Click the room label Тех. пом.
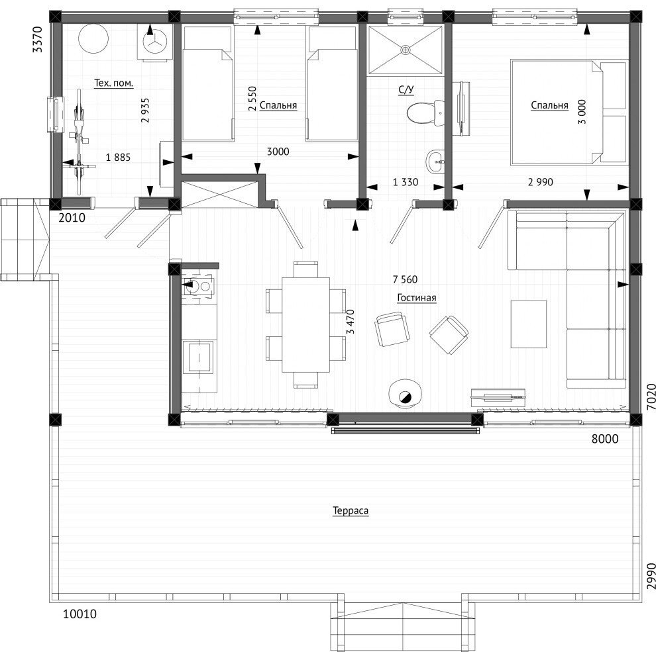(x=113, y=83)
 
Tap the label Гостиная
(x=416, y=298)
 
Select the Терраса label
(x=351, y=510)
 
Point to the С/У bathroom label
(x=406, y=89)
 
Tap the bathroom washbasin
(x=435, y=162)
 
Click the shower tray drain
(x=405, y=50)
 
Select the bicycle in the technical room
(x=78, y=142)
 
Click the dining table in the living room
(x=305, y=325)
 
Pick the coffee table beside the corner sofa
(x=528, y=324)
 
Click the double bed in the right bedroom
(x=569, y=113)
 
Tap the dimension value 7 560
(x=405, y=279)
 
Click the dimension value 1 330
(x=406, y=182)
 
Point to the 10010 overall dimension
(x=80, y=614)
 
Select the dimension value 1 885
(x=118, y=157)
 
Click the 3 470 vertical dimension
(x=351, y=322)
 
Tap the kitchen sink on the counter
(x=199, y=286)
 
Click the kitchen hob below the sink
(x=199, y=357)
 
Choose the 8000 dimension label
(x=604, y=438)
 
